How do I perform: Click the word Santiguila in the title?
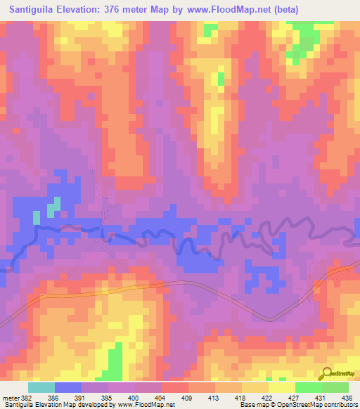35,10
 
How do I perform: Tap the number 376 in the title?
125,10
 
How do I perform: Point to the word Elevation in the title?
89,10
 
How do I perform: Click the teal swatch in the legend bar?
41,387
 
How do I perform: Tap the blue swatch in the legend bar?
68,387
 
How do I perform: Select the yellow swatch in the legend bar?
282,387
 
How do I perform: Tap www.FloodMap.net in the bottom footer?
146,405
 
